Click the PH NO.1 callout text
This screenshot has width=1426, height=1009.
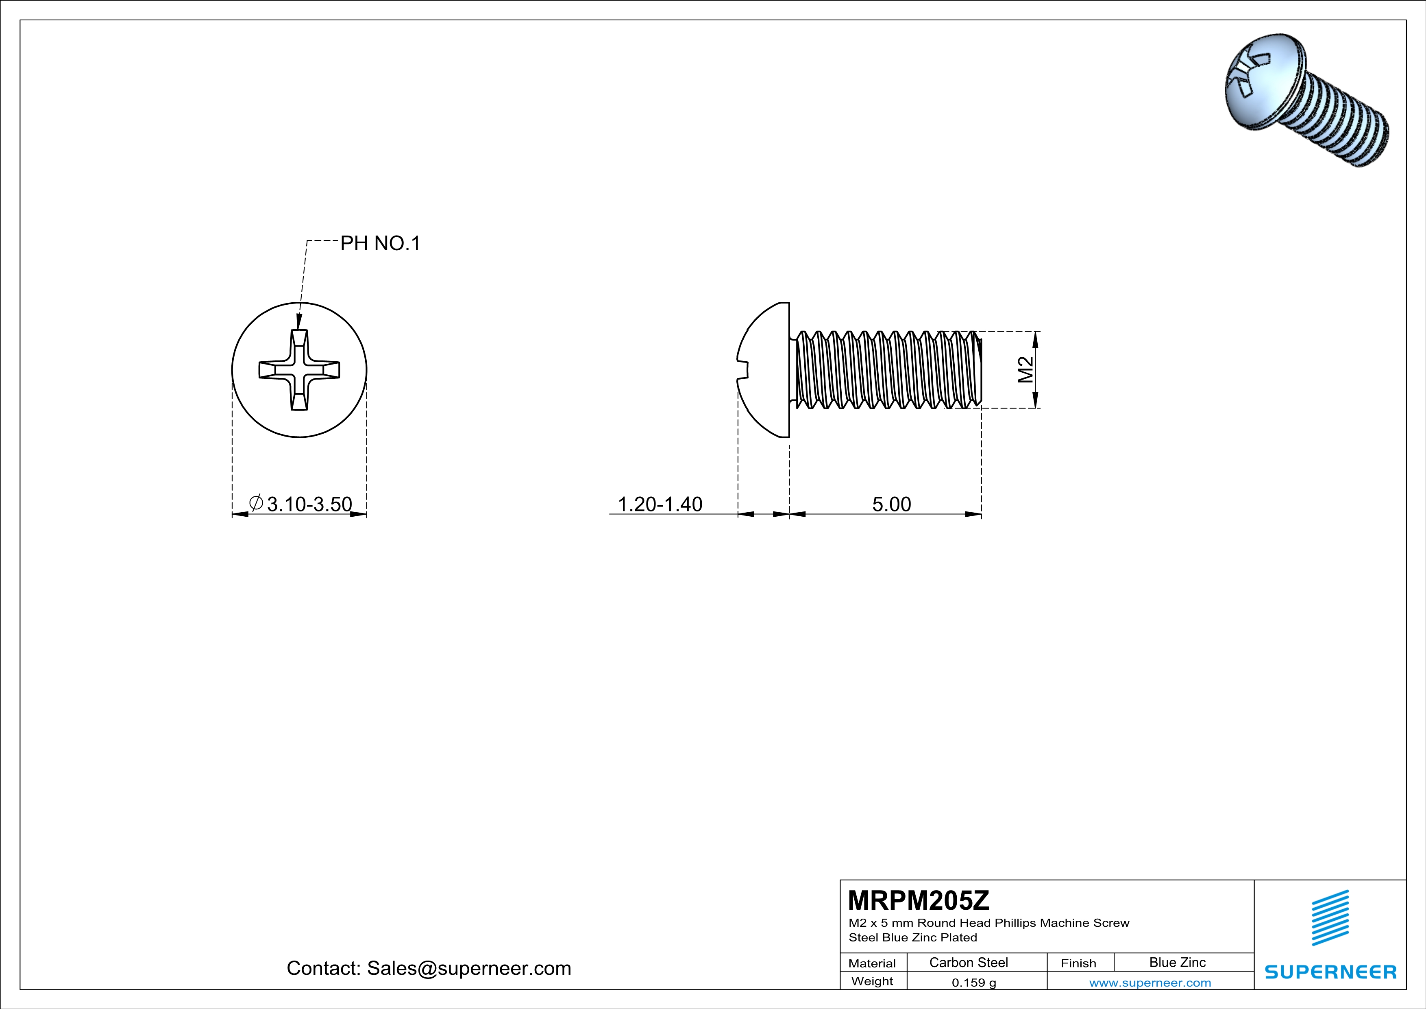380,244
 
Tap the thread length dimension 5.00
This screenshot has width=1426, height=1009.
891,504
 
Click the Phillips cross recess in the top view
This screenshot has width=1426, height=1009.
299,370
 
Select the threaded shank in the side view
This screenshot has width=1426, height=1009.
888,370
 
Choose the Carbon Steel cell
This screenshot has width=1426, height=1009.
968,962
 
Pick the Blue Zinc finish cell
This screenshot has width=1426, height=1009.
1177,962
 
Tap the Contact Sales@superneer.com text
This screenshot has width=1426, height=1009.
429,968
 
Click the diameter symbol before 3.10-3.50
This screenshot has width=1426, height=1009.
256,502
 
